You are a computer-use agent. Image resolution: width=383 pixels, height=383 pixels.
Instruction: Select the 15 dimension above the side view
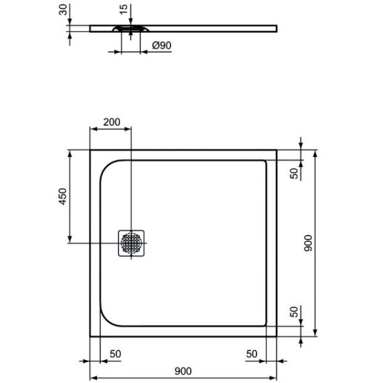coord(123,10)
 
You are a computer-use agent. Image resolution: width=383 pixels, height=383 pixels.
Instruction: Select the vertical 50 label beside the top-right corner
coord(294,173)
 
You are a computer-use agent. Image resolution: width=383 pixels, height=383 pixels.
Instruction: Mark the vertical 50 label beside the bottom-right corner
coord(294,312)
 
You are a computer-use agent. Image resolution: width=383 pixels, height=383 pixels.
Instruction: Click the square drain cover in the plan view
coord(132,243)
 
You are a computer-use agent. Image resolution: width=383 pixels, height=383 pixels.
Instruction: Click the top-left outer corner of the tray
coord(90,151)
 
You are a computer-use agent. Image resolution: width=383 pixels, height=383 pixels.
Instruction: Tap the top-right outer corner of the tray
coord(276,151)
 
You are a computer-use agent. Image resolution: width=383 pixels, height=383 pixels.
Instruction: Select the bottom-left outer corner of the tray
coord(90,336)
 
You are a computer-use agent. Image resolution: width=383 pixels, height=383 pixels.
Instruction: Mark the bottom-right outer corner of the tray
coord(276,336)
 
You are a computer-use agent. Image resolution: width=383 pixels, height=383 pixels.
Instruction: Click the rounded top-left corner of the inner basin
coord(107,167)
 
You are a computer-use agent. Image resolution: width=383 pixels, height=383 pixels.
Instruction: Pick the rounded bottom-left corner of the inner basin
coord(107,320)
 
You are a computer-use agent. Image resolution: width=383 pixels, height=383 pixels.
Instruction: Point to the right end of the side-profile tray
coord(278,27)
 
